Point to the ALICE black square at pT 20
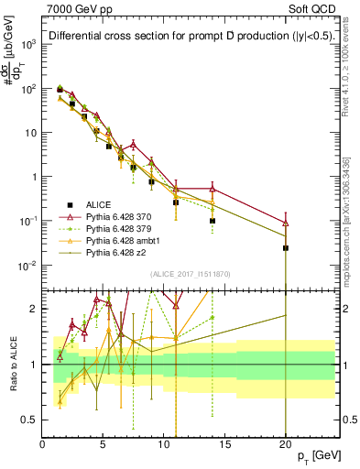point(286,248)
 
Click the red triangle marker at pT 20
point(286,223)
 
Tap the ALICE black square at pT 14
point(213,221)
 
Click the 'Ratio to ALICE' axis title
point(11,364)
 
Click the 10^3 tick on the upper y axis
point(29,44)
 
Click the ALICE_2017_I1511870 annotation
point(182,274)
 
